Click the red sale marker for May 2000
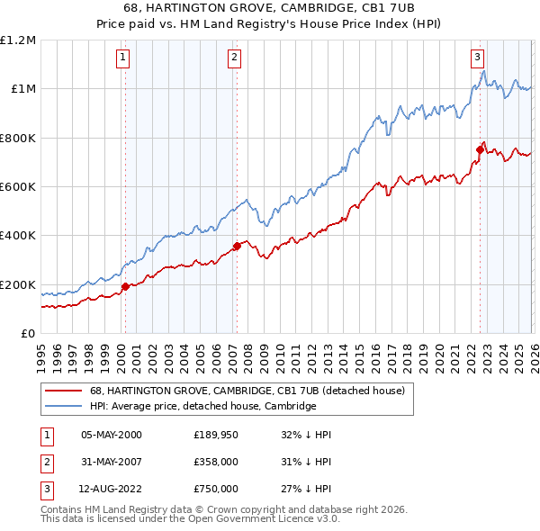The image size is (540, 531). click(125, 287)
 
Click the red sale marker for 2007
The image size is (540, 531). click(237, 246)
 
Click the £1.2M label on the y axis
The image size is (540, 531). click(18, 40)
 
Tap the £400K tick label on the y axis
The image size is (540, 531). click(18, 236)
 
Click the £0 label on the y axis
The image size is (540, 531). click(27, 334)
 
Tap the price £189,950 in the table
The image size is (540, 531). click(214, 435)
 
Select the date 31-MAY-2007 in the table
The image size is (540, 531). click(112, 463)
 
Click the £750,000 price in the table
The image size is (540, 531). click(214, 490)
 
